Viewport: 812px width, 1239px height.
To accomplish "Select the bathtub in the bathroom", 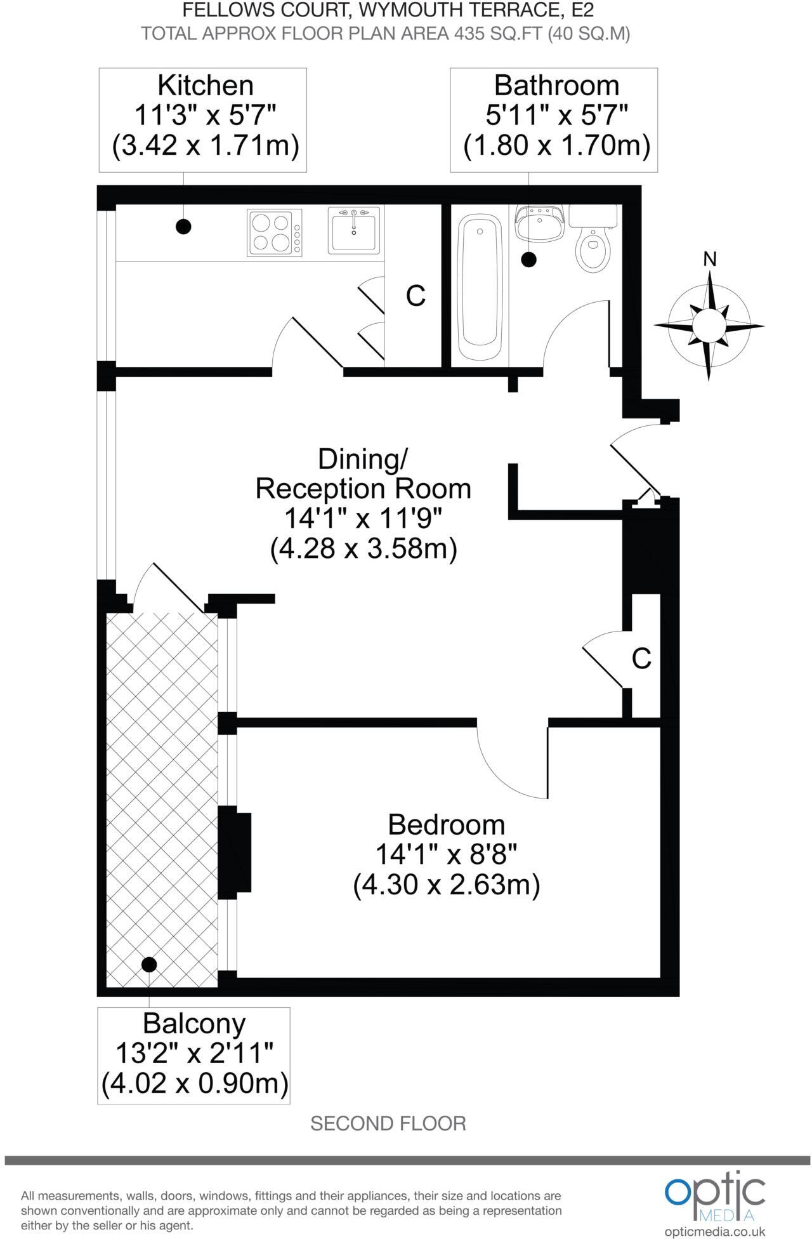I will pos(480,289).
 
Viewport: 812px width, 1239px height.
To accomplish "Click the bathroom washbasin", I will pos(539,223).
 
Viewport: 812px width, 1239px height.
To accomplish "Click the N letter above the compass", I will pos(710,259).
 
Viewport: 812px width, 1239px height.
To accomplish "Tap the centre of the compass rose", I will pos(709,325).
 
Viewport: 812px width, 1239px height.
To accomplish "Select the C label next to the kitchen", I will pos(416,296).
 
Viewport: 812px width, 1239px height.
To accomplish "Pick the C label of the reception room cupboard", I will pos(641,659).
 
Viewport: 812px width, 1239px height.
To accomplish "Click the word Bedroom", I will pos(447,825).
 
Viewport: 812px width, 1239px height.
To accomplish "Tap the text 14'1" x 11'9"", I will pos(362,519).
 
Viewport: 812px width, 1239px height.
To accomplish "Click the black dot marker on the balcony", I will pos(149,964).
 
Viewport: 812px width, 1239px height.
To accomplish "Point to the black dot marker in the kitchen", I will pos(183,226).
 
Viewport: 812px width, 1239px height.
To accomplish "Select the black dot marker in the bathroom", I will pos(528,259).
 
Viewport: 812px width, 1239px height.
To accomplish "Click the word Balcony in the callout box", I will pos(193,1023).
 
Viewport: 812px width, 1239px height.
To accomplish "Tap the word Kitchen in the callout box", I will pos(205,85).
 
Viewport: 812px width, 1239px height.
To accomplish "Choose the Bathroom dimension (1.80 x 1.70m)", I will pos(557,145).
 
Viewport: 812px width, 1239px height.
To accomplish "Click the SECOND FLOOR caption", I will pos(388,1123).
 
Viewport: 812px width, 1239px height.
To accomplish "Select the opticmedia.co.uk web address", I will pos(715,1231).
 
